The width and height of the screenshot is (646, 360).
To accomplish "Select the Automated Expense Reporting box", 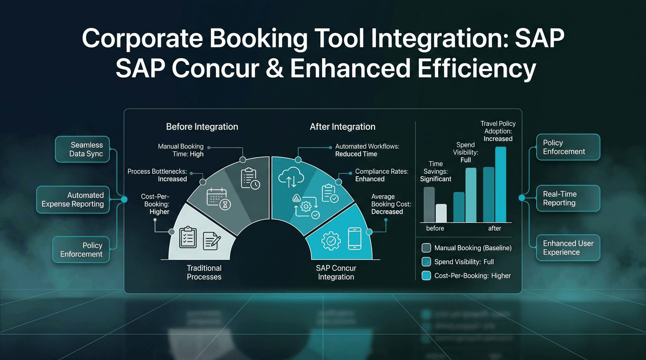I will click(x=73, y=200).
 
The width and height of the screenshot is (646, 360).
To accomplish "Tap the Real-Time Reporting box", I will click(x=559, y=199).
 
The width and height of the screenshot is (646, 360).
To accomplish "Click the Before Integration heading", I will click(x=202, y=127).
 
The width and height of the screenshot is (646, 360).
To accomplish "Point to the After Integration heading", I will click(x=342, y=127).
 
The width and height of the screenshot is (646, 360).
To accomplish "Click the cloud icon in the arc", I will click(x=290, y=177).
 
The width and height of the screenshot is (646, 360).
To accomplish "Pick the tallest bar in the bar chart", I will click(x=501, y=185).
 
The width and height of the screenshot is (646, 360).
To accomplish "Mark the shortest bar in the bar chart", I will click(x=441, y=213).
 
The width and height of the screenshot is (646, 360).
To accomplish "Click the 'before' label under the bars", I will click(x=435, y=229).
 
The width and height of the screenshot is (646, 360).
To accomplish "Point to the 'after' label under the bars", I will click(x=494, y=229).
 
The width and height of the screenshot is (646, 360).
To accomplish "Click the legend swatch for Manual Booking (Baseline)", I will click(x=427, y=248).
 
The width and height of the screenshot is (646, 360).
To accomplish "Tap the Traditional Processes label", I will click(x=204, y=272).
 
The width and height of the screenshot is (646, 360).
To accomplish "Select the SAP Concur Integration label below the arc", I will click(x=335, y=272).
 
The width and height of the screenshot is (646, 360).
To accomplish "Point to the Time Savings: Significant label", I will click(x=436, y=171).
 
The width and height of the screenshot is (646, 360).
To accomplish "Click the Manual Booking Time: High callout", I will click(x=181, y=150).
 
